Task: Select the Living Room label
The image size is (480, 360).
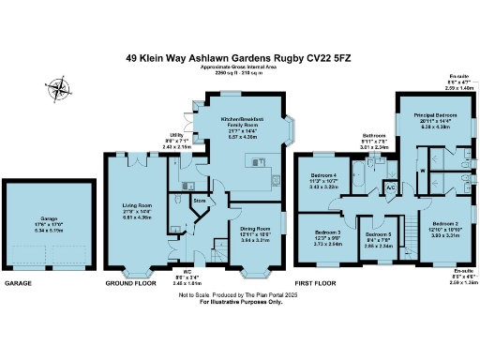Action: (136, 206)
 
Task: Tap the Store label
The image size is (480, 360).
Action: (199, 200)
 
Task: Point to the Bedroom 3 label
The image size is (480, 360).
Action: (327, 232)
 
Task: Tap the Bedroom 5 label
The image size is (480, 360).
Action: (378, 234)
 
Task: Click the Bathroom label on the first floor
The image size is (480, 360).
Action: (375, 137)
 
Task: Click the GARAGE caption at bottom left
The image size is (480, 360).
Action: (19, 282)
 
